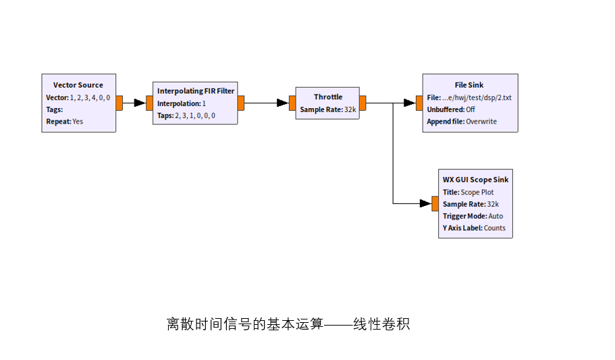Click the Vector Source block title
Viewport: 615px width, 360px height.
(x=78, y=85)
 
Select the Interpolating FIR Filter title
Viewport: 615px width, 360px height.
(x=196, y=91)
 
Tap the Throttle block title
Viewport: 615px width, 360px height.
(x=328, y=97)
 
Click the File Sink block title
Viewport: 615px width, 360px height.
(x=469, y=85)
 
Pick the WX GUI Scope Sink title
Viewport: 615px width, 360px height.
(x=475, y=180)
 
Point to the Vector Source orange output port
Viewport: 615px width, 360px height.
(x=119, y=103)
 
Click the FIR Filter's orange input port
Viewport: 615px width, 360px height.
(x=149, y=103)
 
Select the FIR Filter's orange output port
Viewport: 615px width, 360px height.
(x=241, y=103)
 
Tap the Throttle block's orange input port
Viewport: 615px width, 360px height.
(x=292, y=103)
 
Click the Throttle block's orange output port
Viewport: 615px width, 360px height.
(x=363, y=103)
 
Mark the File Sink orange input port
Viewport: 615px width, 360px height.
(x=419, y=103)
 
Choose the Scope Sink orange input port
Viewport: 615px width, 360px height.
(x=435, y=203)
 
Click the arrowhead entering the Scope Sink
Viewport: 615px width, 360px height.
(x=425, y=203)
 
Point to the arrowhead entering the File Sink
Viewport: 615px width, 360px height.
(x=409, y=103)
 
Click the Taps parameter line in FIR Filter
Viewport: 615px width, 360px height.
(x=186, y=115)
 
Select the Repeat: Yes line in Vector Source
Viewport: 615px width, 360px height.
(x=65, y=122)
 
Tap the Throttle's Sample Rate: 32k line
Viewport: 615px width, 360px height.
(x=328, y=109)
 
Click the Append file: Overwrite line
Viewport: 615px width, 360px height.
(x=462, y=122)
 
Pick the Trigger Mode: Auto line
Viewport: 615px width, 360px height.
(x=473, y=216)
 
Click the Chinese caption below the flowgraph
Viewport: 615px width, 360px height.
(x=288, y=324)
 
